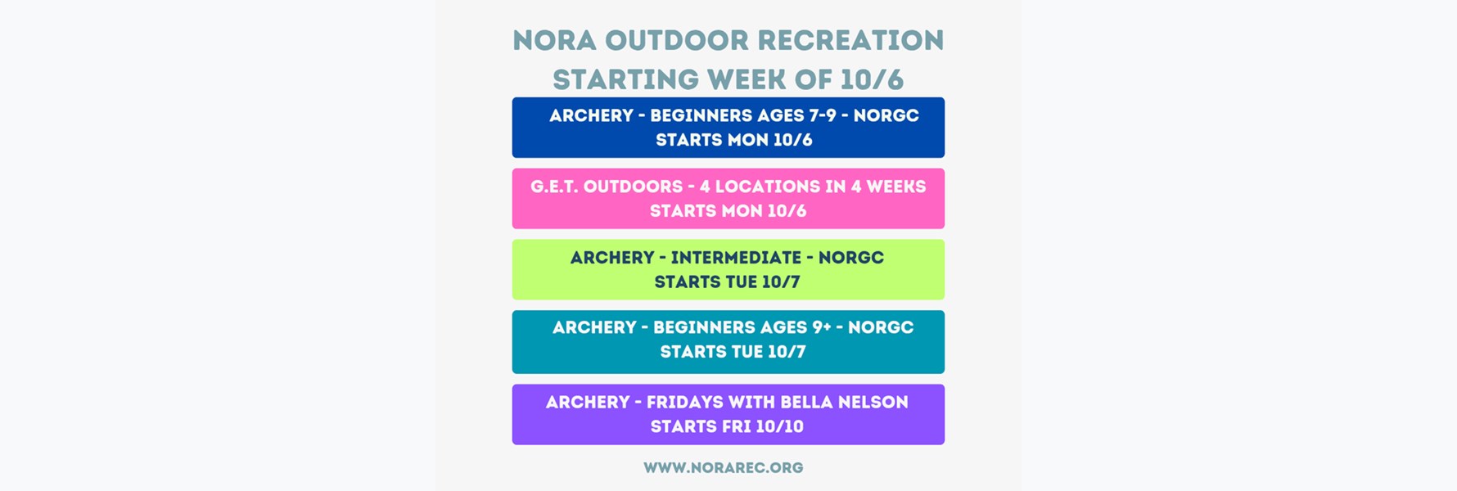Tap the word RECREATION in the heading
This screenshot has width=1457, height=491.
click(x=850, y=40)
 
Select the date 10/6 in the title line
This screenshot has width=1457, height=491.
click(x=872, y=79)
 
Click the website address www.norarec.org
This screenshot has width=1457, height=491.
click(x=724, y=468)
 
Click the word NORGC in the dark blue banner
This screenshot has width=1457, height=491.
click(x=886, y=115)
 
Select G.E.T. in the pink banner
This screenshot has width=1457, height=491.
click(x=554, y=187)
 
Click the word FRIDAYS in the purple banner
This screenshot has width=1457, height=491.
click(x=683, y=403)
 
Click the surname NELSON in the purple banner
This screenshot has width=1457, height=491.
click(x=877, y=403)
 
